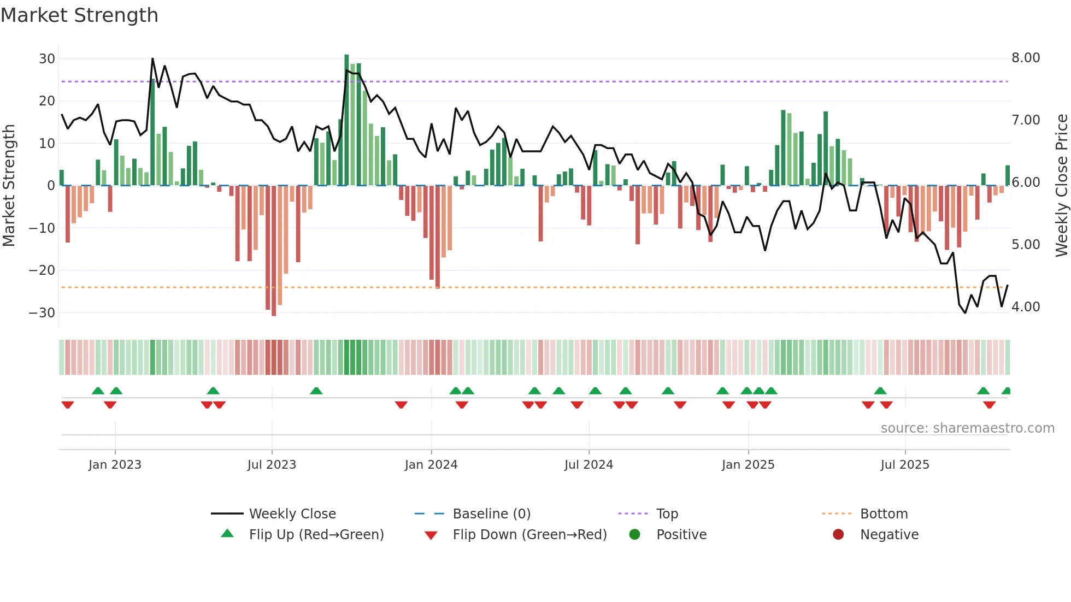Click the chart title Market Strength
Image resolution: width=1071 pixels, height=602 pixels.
click(x=79, y=15)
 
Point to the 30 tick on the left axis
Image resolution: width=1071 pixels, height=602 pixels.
click(x=47, y=58)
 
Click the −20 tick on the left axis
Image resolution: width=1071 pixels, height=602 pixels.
click(x=42, y=270)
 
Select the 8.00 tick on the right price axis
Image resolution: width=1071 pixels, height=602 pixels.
click(x=1026, y=58)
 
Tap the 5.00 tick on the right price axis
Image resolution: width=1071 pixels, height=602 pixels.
click(x=1026, y=245)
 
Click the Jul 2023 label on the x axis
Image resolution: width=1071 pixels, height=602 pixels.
click(x=272, y=465)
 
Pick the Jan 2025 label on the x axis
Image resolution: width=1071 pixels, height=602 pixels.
click(x=748, y=465)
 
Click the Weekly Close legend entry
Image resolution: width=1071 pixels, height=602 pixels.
click(x=292, y=514)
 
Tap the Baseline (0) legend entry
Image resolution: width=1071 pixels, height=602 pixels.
click(x=491, y=514)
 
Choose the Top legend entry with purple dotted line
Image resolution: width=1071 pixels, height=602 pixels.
click(x=667, y=514)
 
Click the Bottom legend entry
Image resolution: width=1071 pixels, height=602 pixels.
click(x=884, y=514)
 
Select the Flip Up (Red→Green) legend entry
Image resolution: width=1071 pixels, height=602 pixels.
click(x=316, y=535)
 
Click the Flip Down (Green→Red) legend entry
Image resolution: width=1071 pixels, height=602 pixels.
click(x=529, y=535)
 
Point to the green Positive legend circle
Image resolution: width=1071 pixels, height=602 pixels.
click(x=634, y=535)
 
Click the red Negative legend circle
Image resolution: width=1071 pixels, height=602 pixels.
click(x=838, y=535)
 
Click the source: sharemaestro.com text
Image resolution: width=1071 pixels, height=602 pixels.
click(x=967, y=428)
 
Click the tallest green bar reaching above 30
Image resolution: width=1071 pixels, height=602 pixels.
click(x=346, y=120)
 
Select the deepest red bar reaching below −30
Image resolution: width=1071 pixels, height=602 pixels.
click(x=274, y=251)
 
